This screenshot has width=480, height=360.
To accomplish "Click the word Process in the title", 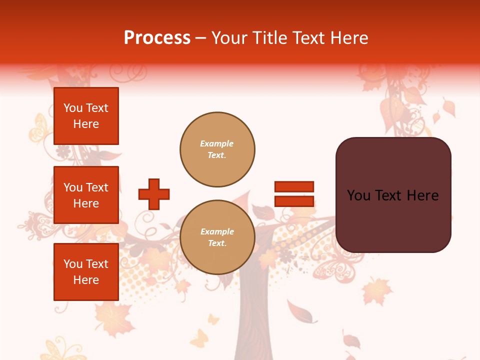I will [x=157, y=37].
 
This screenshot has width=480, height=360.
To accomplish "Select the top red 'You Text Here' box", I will [x=86, y=116].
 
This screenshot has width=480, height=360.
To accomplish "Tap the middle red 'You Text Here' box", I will [x=86, y=195].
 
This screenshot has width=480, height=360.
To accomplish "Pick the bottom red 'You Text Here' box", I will [x=86, y=271].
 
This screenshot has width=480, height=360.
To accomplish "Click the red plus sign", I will [x=154, y=194].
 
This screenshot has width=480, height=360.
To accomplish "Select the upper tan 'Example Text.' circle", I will [x=217, y=149].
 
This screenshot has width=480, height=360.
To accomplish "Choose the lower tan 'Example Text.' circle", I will [x=217, y=237].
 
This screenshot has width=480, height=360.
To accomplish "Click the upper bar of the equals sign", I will [x=294, y=187].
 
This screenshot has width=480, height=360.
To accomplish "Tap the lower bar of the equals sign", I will [x=294, y=201].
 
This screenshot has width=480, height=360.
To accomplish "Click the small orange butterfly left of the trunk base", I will [x=199, y=338].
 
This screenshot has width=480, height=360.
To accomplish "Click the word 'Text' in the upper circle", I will [x=216, y=155].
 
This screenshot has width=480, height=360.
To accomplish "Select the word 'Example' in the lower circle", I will [x=217, y=231].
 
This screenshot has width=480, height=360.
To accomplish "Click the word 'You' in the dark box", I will [x=358, y=195].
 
